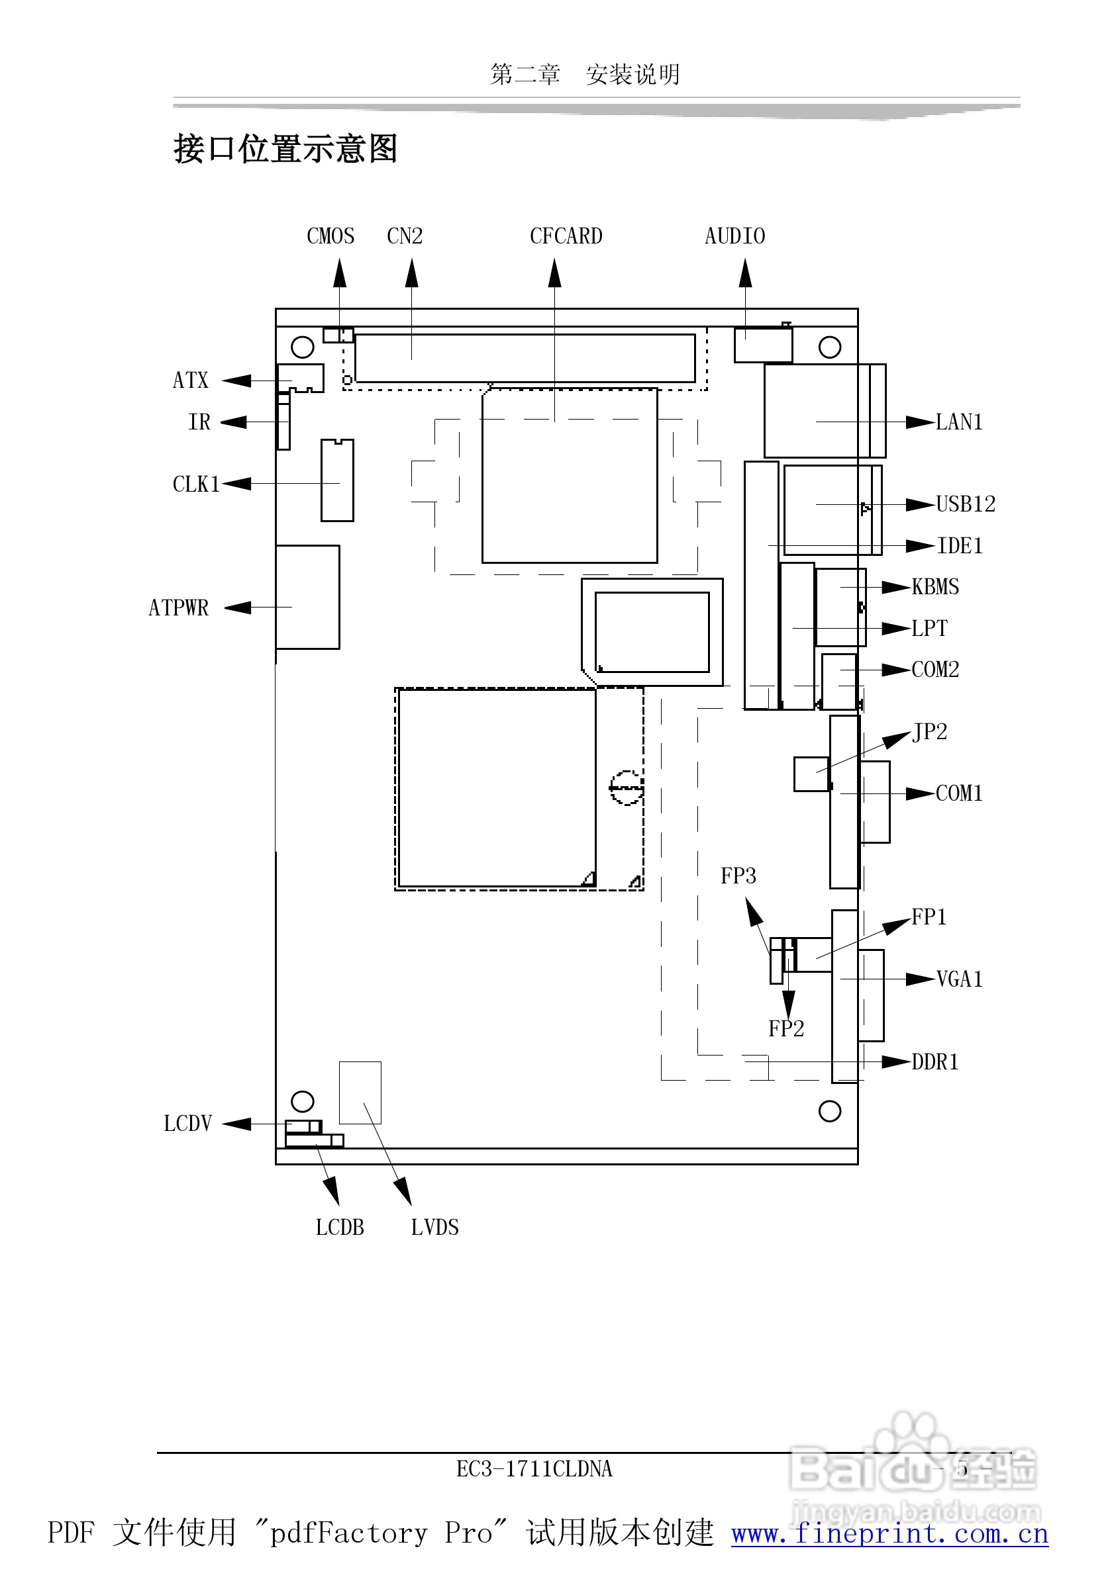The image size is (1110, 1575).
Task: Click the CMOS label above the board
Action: point(330,237)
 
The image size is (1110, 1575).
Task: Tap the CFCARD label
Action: point(566,237)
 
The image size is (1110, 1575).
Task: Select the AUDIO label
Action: point(734,237)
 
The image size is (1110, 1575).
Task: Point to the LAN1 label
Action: point(959,423)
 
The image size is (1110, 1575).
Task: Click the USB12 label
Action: point(966,505)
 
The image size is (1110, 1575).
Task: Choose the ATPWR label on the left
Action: point(178,608)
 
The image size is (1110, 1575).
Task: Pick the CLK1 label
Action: point(195,485)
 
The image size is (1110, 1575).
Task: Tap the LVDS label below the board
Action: point(434,1228)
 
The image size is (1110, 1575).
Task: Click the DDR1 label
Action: point(935,1063)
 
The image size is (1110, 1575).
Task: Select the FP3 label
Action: point(738,877)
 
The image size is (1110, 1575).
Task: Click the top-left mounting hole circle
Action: point(302,347)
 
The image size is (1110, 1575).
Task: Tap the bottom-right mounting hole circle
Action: point(829,1111)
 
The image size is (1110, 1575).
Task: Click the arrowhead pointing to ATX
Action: point(237,381)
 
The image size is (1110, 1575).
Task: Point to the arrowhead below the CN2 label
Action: point(411,273)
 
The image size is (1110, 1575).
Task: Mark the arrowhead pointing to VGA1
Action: point(920,979)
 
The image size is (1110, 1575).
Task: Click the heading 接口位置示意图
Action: point(285,149)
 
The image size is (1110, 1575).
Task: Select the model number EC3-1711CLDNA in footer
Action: point(534,1468)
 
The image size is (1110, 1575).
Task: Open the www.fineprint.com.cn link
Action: point(889,1533)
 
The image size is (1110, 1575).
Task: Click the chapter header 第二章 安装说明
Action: point(585,74)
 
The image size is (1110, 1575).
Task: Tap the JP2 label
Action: point(929,733)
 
